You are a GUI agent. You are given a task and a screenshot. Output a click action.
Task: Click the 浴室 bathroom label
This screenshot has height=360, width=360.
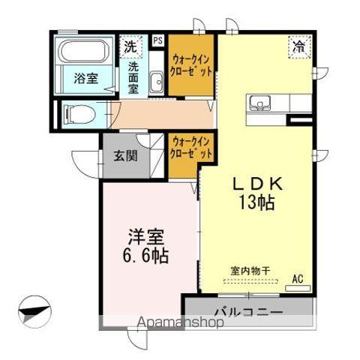click(85, 77)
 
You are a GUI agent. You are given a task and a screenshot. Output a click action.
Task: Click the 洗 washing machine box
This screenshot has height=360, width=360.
click(131, 45)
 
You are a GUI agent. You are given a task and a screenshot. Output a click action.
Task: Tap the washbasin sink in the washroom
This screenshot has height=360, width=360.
click(156, 82)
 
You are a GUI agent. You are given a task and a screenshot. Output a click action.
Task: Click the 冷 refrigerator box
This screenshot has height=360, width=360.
click(298, 46)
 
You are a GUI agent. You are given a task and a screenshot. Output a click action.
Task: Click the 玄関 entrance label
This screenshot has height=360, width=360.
click(125, 156)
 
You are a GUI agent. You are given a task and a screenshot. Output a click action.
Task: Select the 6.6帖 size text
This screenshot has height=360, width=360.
click(146, 256)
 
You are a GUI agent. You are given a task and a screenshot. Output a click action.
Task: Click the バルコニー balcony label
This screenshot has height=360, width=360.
click(247, 310)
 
